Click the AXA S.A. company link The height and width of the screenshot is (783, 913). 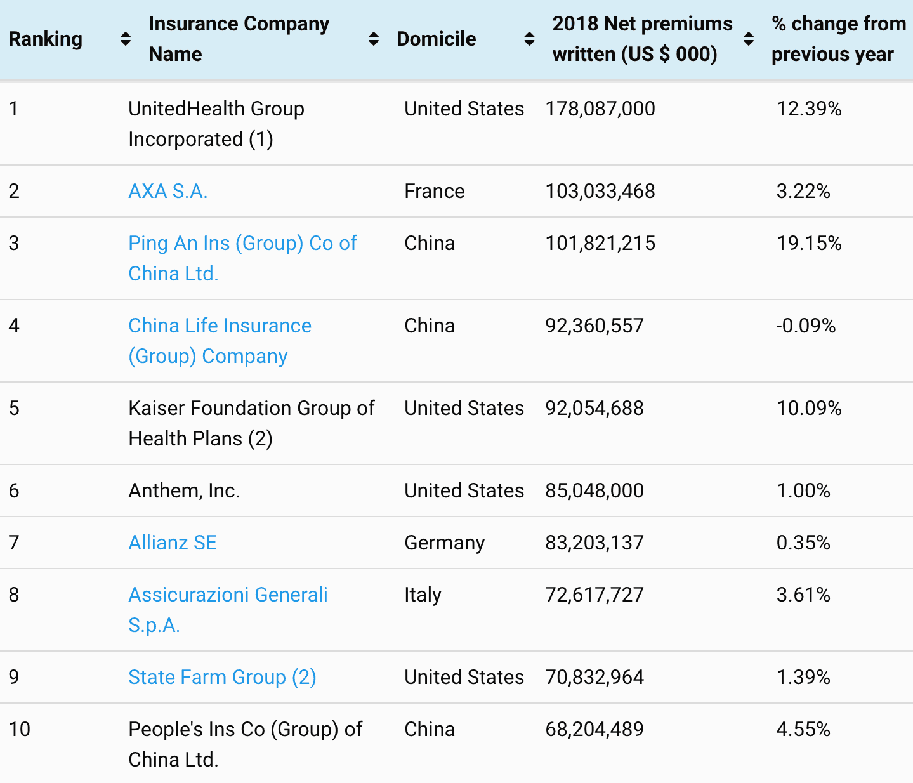coord(167,191)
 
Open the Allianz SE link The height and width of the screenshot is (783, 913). coord(173,543)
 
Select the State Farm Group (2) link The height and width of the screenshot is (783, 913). coord(222,677)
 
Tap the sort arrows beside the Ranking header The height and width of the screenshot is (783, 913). coord(126,39)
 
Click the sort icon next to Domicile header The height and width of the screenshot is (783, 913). coord(529,39)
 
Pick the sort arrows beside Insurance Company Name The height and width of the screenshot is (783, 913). coord(374,39)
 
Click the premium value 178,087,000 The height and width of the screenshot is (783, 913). coord(600,109)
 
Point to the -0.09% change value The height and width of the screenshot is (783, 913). coord(806,326)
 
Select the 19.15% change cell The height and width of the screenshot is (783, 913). coord(809,243)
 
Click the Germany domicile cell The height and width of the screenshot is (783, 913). coord(444,543)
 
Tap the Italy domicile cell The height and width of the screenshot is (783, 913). coord(423,595)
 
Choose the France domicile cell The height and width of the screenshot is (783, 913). coord(434,191)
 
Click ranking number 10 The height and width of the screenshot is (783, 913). coord(20,729)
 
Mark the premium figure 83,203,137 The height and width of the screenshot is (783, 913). coord(594,543)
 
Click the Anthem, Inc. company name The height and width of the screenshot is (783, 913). coord(184,490)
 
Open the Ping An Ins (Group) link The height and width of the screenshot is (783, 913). coord(242,244)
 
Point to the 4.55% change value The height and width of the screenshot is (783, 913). coord(803,729)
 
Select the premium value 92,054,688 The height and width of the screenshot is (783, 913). coord(594,408)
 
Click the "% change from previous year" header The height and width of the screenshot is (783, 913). coord(837,39)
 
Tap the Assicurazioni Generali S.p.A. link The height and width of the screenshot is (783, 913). coord(228,595)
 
